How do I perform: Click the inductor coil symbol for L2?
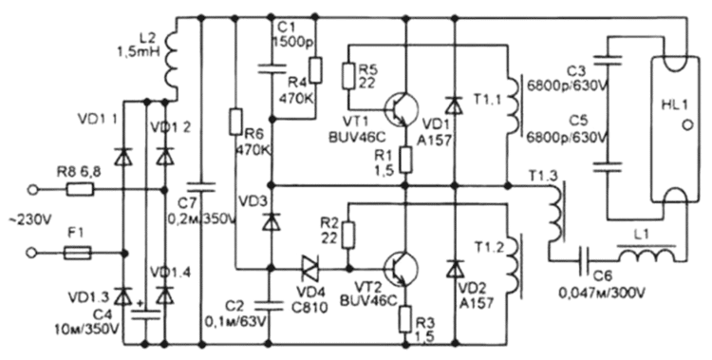(174, 64)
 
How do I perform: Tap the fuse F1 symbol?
(79, 253)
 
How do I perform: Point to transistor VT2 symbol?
(400, 268)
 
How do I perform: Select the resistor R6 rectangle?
(233, 122)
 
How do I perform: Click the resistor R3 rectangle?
(405, 316)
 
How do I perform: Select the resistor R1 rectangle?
(405, 158)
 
